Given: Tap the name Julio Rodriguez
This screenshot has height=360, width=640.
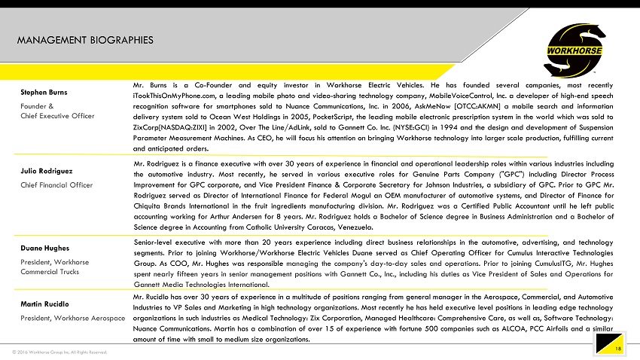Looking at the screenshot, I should pos(45,172).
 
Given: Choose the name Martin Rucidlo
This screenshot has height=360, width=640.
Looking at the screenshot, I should pos(44,304).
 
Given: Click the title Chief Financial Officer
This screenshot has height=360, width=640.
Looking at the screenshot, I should pos(56,185).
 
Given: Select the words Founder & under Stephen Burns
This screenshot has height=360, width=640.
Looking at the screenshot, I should pos(36,105).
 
